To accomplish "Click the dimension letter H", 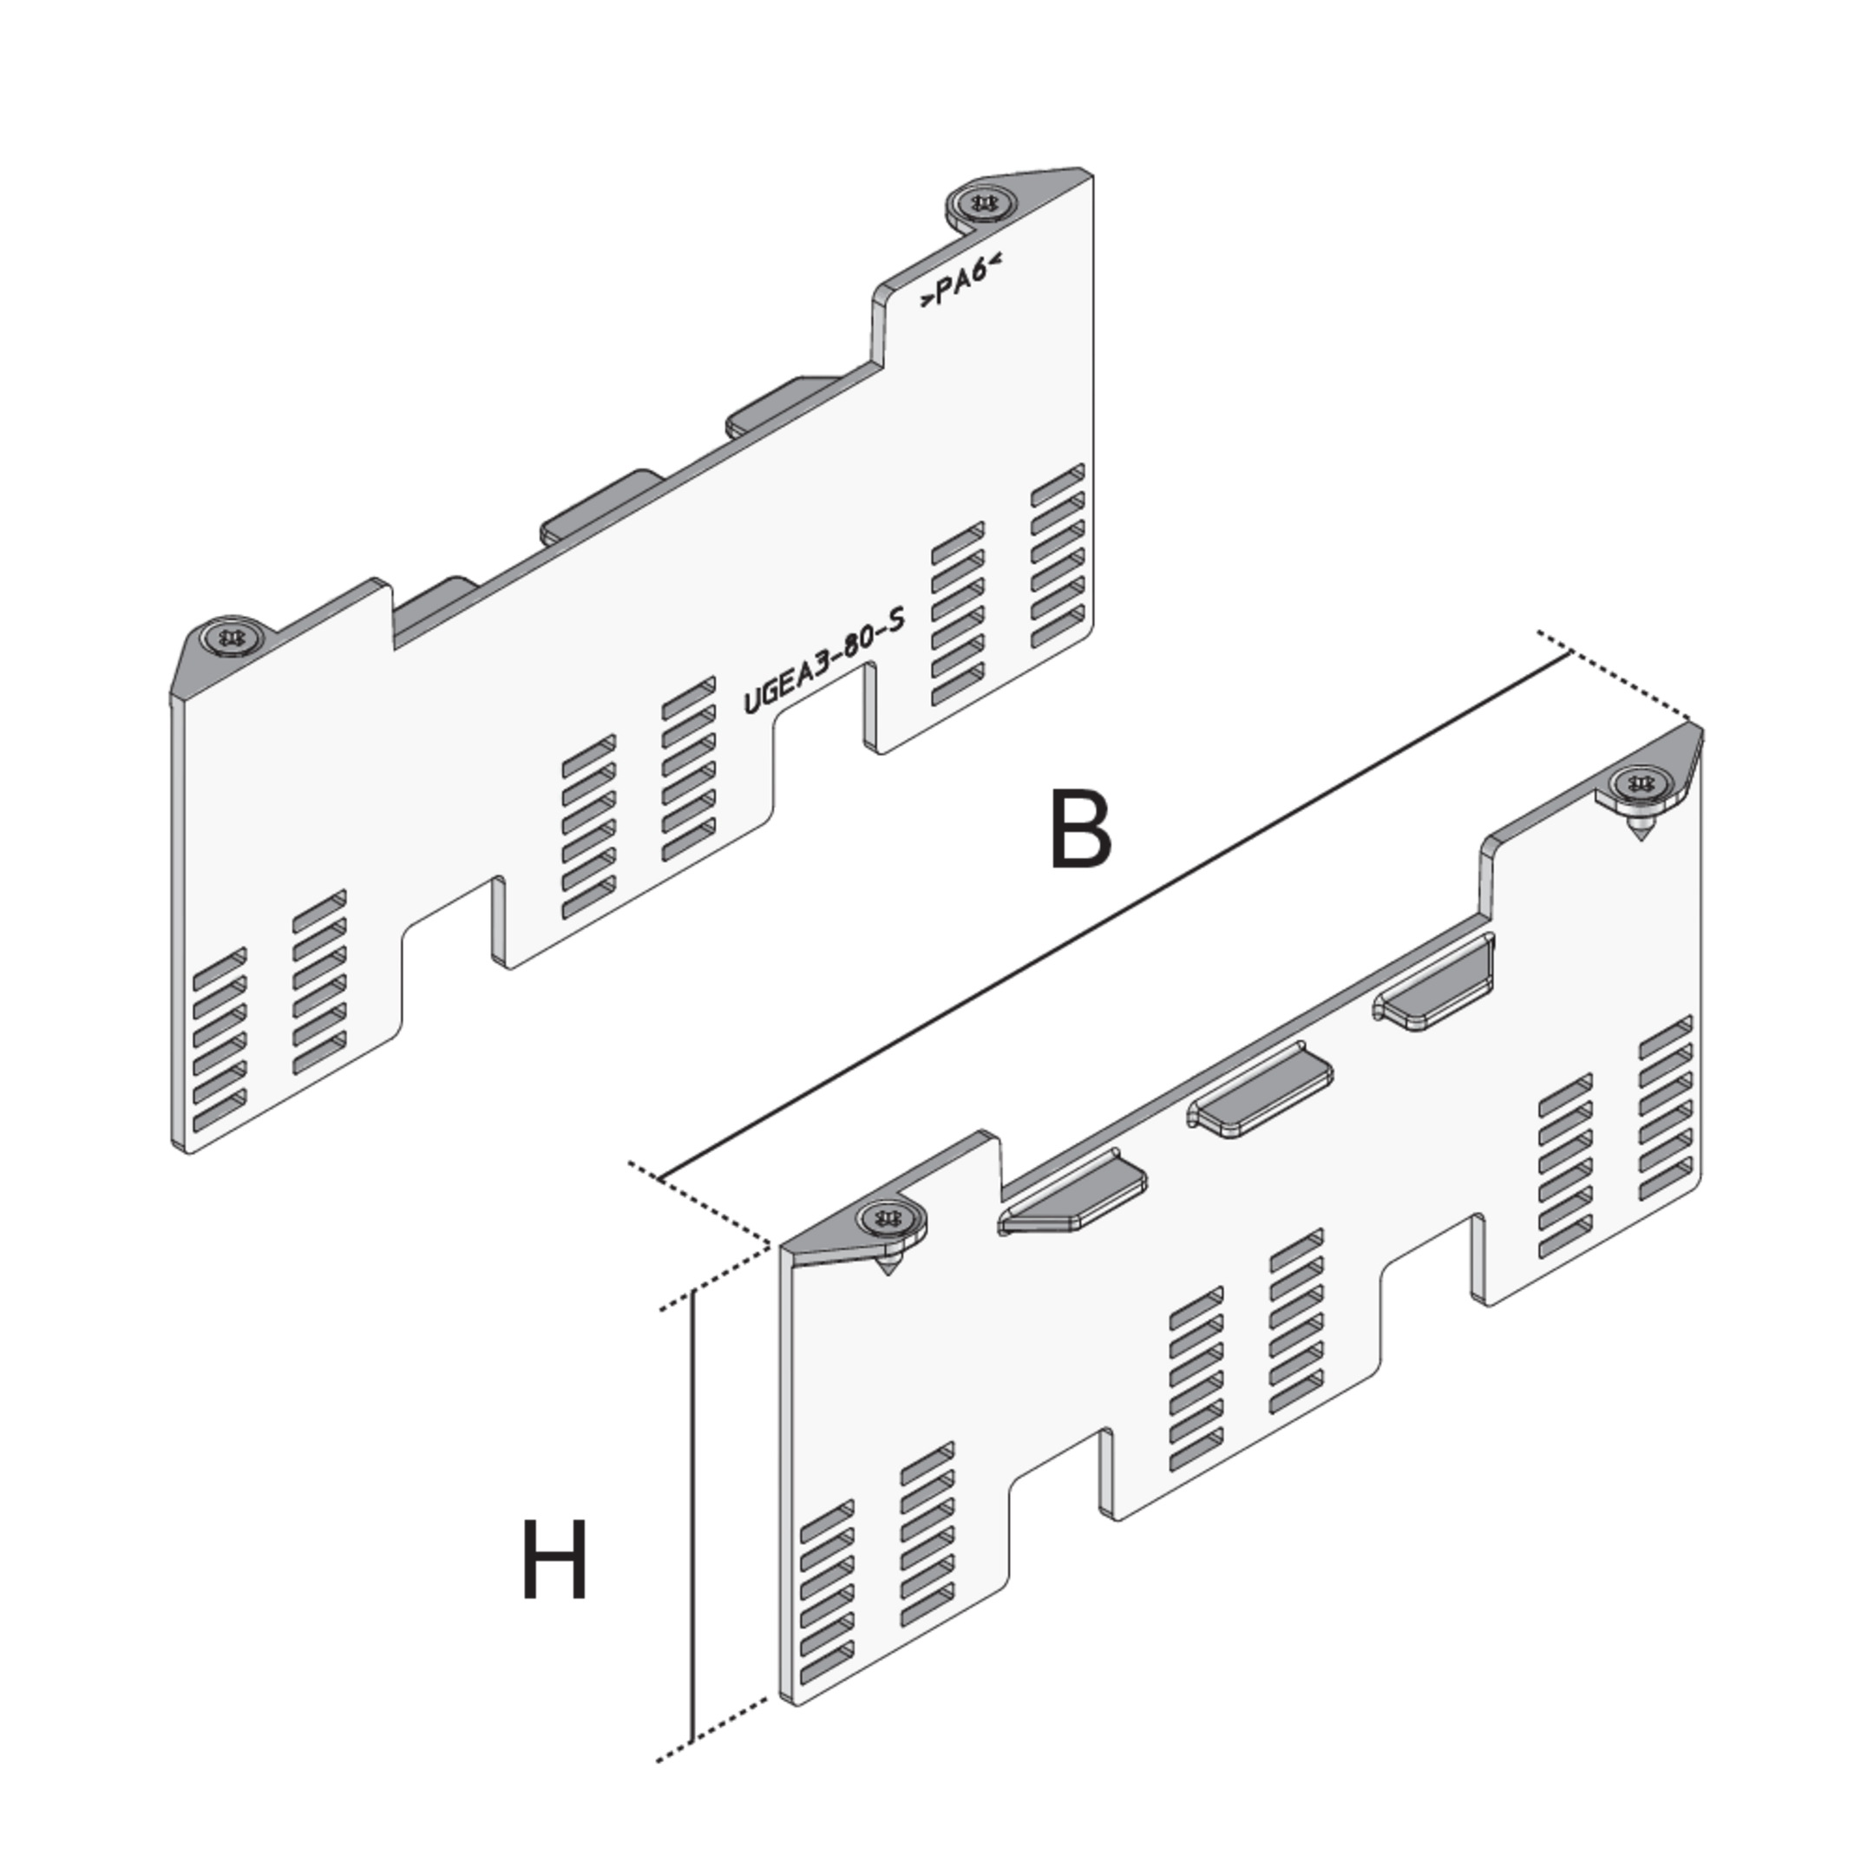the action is click(554, 1559).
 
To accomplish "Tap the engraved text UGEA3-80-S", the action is click(823, 659).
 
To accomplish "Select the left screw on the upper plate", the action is click(231, 636).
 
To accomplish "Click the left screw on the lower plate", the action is click(889, 1217).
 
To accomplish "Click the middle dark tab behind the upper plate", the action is click(601, 504).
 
